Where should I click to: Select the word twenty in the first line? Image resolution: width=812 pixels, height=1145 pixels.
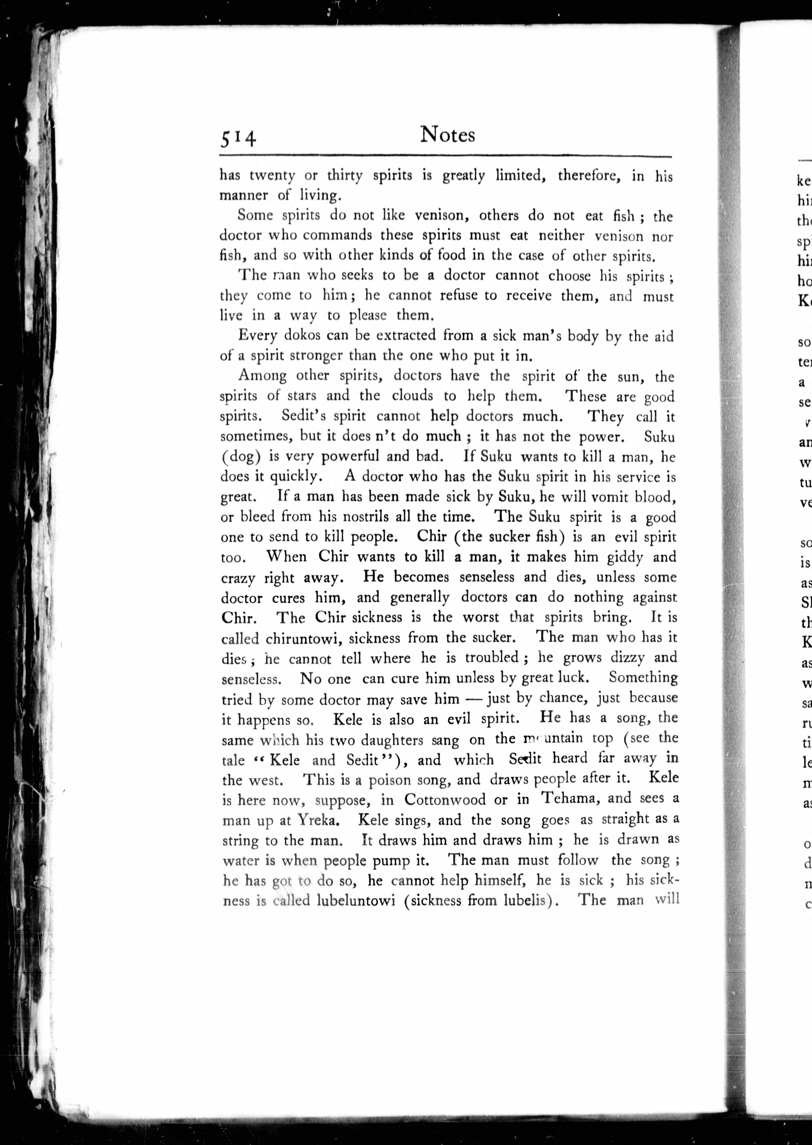click(272, 176)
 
